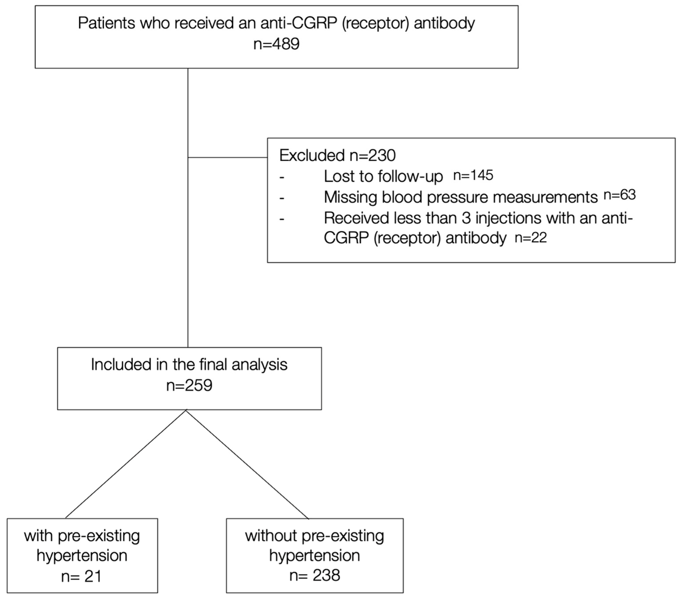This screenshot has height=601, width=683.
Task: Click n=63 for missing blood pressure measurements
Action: (x=620, y=195)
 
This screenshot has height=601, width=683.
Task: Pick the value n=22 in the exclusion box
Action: (x=531, y=238)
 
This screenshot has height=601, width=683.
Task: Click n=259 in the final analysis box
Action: (x=189, y=385)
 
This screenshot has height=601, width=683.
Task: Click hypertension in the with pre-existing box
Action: (x=82, y=556)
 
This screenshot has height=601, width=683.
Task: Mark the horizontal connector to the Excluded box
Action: (x=227, y=157)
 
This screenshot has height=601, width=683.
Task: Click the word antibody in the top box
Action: (x=444, y=23)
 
